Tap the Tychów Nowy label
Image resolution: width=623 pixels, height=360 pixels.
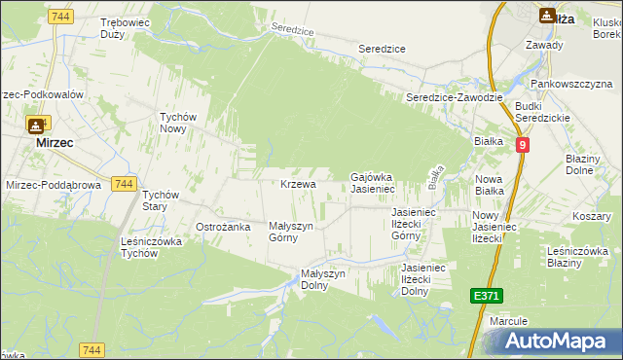tap(179, 123)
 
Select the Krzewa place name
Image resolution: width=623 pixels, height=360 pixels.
tap(298, 184)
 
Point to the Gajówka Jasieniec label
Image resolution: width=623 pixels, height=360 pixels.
tap(371, 182)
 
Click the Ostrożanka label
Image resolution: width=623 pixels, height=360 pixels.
tap(224, 227)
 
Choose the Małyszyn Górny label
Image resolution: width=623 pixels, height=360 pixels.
tap(290, 231)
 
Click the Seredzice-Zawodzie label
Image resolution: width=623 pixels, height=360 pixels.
tap(454, 98)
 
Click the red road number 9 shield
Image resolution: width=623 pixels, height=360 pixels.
tap(523, 144)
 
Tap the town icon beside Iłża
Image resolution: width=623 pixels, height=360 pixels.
tap(547, 15)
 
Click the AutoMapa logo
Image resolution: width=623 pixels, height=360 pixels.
tap(556, 342)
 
